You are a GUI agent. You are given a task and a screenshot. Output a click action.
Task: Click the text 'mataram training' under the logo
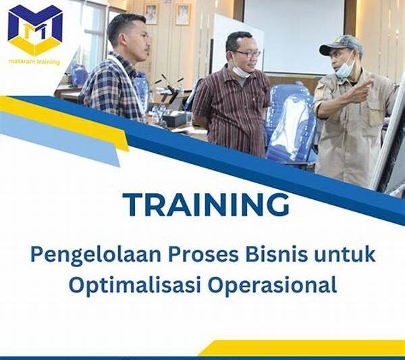tap(34, 62)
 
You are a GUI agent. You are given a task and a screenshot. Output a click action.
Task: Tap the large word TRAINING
tap(206, 204)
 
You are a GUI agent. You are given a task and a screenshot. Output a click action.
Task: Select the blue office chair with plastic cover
tap(291, 125)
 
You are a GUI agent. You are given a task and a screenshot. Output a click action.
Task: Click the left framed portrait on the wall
tap(151, 14)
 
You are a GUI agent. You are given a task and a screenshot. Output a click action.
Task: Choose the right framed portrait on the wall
tap(183, 14)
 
